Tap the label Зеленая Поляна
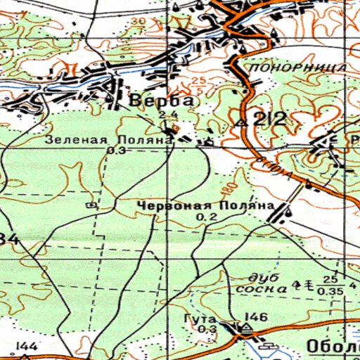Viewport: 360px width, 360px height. [x=110, y=140]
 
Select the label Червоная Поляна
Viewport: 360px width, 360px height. [x=205, y=206]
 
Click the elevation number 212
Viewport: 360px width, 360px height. [x=271, y=119]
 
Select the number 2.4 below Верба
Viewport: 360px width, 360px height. [x=167, y=115]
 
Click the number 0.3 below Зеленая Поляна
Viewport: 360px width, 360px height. [x=117, y=150]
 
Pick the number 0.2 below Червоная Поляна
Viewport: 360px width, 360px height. [x=207, y=218]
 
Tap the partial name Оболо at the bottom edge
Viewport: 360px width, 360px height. [x=333, y=347]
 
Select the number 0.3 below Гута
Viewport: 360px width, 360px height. [x=207, y=330]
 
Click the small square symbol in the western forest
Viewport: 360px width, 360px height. [x=91, y=205]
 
